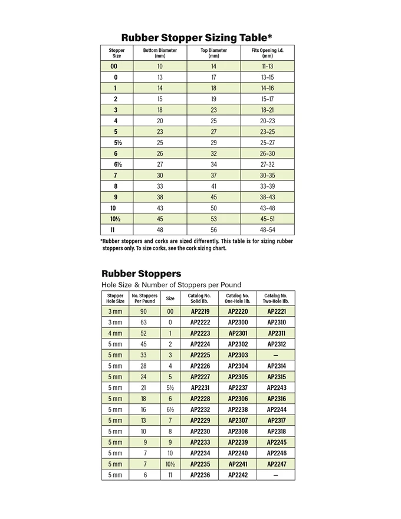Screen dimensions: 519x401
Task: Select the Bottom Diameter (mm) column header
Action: coord(160,53)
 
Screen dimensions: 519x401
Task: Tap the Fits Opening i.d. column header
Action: coord(267,53)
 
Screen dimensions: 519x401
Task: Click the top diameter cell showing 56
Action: coord(213,229)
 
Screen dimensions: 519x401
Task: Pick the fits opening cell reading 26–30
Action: coord(267,153)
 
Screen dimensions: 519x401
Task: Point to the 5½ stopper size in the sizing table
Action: coord(116,143)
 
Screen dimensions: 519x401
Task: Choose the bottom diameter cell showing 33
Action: coord(160,186)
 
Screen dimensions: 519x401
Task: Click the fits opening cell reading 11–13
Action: coord(267,67)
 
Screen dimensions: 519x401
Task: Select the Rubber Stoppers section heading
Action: coord(142,274)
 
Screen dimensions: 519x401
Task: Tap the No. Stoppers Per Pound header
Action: coord(144,298)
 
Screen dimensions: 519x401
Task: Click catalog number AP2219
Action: coord(199,311)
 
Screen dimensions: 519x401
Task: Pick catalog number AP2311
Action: coord(276,333)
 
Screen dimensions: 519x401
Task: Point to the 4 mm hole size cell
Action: coord(115,333)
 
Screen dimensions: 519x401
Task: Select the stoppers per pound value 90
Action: coord(144,311)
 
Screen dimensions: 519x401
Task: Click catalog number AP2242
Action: coord(238,475)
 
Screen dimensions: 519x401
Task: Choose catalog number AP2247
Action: coord(276,464)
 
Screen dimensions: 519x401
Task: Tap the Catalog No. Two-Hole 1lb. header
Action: coord(276,298)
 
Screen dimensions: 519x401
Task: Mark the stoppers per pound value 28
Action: coord(144,366)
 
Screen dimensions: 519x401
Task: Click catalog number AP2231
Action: coord(199,387)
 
